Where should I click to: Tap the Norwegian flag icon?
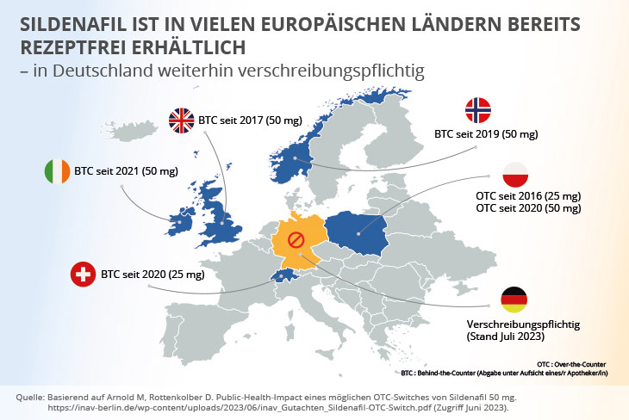click(478, 110)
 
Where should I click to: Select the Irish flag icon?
click(58, 171)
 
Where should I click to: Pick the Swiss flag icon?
click(84, 275)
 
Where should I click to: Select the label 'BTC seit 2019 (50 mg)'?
click(486, 135)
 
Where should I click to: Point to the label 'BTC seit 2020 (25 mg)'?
click(153, 275)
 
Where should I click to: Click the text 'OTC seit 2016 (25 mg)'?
click(528, 196)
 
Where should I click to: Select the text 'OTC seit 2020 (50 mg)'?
click(528, 209)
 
